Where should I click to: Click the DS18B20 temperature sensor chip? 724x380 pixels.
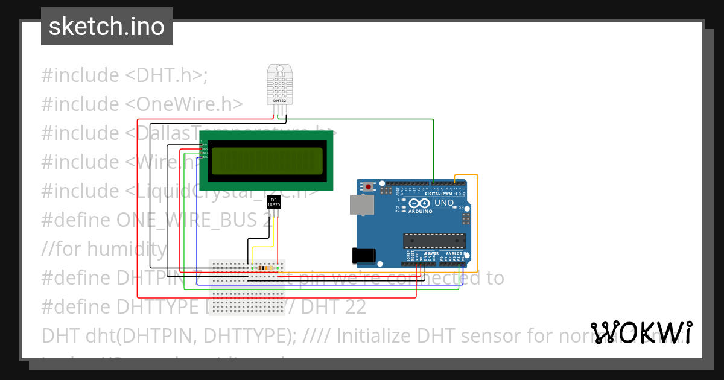pyautogui.click(x=274, y=203)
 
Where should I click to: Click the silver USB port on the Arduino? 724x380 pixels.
pyautogui.click(x=362, y=205)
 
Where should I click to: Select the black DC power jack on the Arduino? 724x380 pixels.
pyautogui.click(x=364, y=255)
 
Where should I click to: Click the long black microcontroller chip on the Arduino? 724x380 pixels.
pyautogui.click(x=434, y=241)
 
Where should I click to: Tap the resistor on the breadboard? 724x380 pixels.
pyautogui.click(x=263, y=268)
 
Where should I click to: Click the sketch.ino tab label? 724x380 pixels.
pyautogui.click(x=107, y=27)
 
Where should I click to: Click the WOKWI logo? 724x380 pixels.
pyautogui.click(x=641, y=332)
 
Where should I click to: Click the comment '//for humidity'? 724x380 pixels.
pyautogui.click(x=104, y=249)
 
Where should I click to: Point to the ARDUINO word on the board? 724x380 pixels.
pyautogui.click(x=421, y=212)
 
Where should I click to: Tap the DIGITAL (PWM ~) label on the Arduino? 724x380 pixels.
pyautogui.click(x=440, y=193)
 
